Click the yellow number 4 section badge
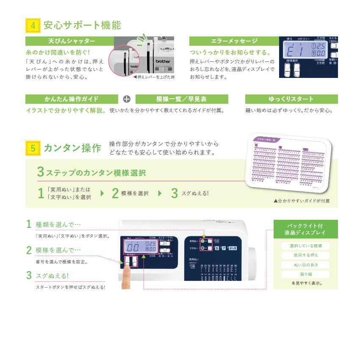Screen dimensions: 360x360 pyautogui.click(x=33, y=25)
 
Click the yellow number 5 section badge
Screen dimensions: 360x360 pyautogui.click(x=33, y=148)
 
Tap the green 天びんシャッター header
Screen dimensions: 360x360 pyautogui.click(x=69, y=41)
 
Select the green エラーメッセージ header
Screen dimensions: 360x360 pyautogui.click(x=234, y=41)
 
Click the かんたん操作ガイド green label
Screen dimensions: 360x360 pyautogui.click(x=71, y=99)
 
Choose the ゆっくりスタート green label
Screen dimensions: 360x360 pyautogui.click(x=291, y=99)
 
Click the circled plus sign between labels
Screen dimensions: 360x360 pyautogui.click(x=127, y=99)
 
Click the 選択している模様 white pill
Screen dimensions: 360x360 pyautogui.click(x=305, y=246)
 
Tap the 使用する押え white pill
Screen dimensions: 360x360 pyautogui.click(x=305, y=255)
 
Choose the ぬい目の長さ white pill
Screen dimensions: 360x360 pyautogui.click(x=305, y=265)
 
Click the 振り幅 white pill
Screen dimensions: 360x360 pyautogui.click(x=305, y=274)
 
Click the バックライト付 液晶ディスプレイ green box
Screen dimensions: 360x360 pyautogui.click(x=305, y=229)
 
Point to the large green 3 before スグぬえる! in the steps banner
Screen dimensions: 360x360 pyautogui.click(x=174, y=194)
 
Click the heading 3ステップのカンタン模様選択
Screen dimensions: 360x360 pyautogui.click(x=91, y=172)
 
